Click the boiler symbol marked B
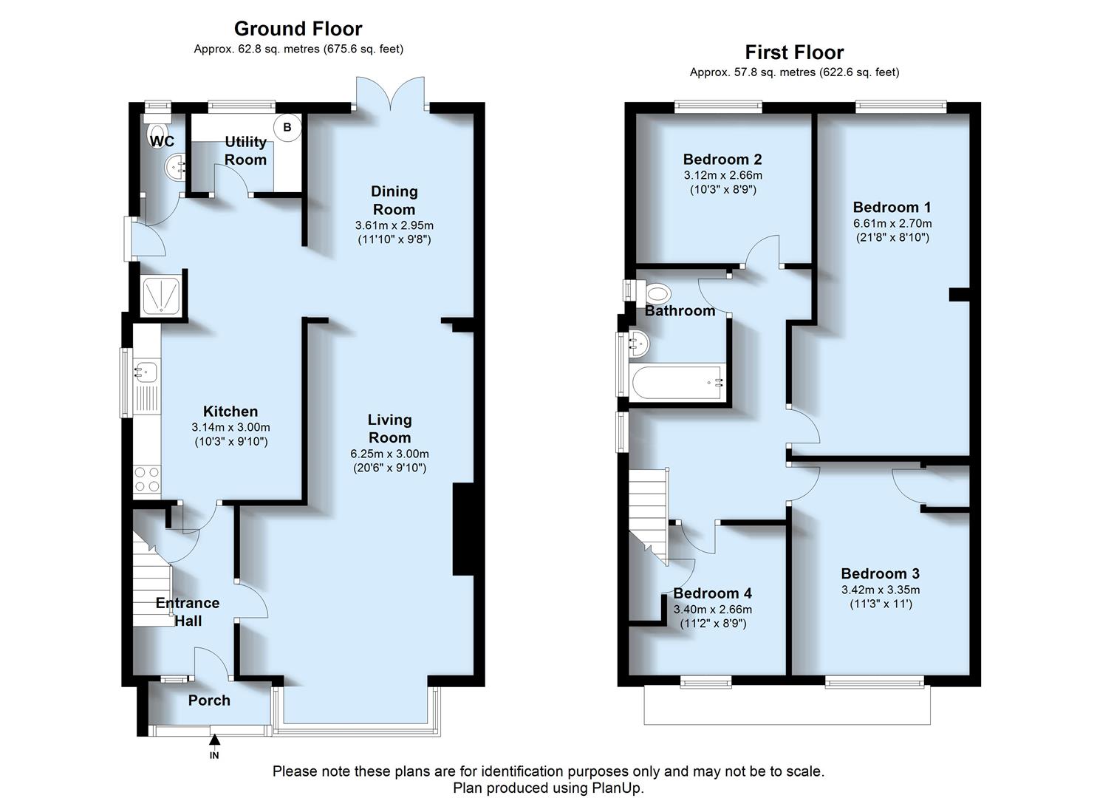click(287, 127)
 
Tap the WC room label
click(162, 141)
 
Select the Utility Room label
click(245, 151)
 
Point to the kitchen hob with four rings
click(147, 480)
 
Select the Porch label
click(209, 700)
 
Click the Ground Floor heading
click(298, 29)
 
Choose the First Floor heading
click(794, 52)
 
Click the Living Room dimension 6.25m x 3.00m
click(389, 454)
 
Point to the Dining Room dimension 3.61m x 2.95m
click(394, 225)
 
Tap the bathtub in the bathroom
click(677, 383)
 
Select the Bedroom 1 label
click(892, 207)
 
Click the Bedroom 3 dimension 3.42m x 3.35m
click(880, 590)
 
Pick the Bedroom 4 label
click(712, 593)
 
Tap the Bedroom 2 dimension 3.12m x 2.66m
click(722, 175)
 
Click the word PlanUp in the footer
click(615, 788)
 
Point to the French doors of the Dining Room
click(391, 94)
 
